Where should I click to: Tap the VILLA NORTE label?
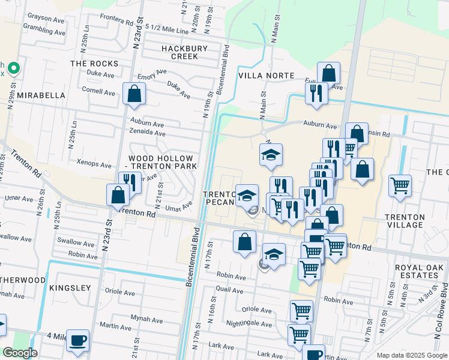(266, 76)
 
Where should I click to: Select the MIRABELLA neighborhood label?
(41, 95)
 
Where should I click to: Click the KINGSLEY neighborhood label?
(70, 288)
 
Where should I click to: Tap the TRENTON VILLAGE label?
(405, 220)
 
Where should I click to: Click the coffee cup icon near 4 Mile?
(78, 340)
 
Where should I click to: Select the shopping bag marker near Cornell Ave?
(134, 94)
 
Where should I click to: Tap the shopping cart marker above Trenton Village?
(400, 185)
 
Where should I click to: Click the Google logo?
(20, 353)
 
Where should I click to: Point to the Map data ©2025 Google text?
(412, 355)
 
